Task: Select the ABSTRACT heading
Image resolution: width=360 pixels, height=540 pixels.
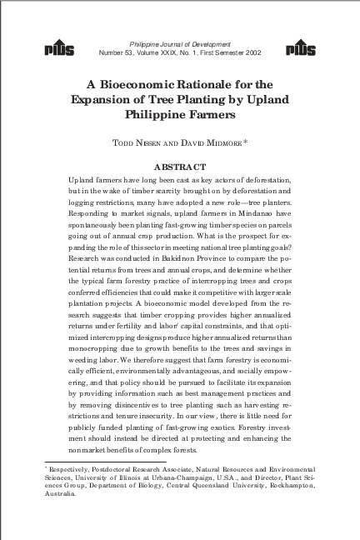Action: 180,167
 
